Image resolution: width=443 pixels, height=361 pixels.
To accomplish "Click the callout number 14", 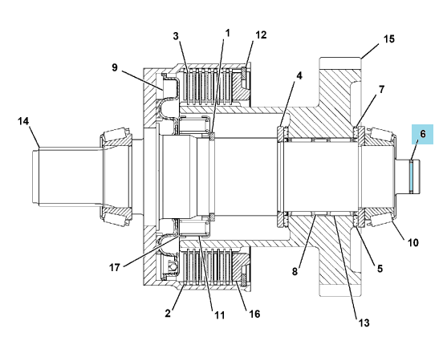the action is click(23, 121).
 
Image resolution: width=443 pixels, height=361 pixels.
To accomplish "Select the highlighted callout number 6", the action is click(423, 134).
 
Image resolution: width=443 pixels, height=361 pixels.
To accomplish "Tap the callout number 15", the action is click(389, 39).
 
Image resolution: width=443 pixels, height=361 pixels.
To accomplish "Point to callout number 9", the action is click(115, 67).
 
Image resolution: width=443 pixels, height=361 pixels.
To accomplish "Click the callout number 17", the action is click(115, 267).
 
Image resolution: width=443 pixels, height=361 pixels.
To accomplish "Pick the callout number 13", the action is click(364, 322).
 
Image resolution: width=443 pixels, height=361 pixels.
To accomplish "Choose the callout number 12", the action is click(261, 35).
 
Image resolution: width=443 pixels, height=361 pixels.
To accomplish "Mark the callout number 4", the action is click(299, 75).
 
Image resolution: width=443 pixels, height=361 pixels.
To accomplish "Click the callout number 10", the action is click(413, 242).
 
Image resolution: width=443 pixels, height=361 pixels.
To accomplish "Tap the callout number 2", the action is click(168, 313).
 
